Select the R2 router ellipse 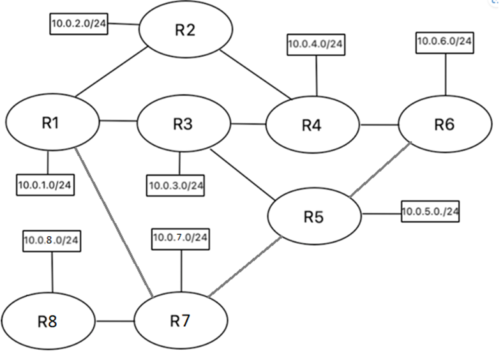(x=184, y=31)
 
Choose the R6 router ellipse (x=445, y=124)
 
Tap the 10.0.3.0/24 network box (x=176, y=186)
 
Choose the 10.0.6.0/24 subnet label (x=445, y=41)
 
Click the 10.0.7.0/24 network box (x=181, y=238)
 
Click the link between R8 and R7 (x=115, y=320)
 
